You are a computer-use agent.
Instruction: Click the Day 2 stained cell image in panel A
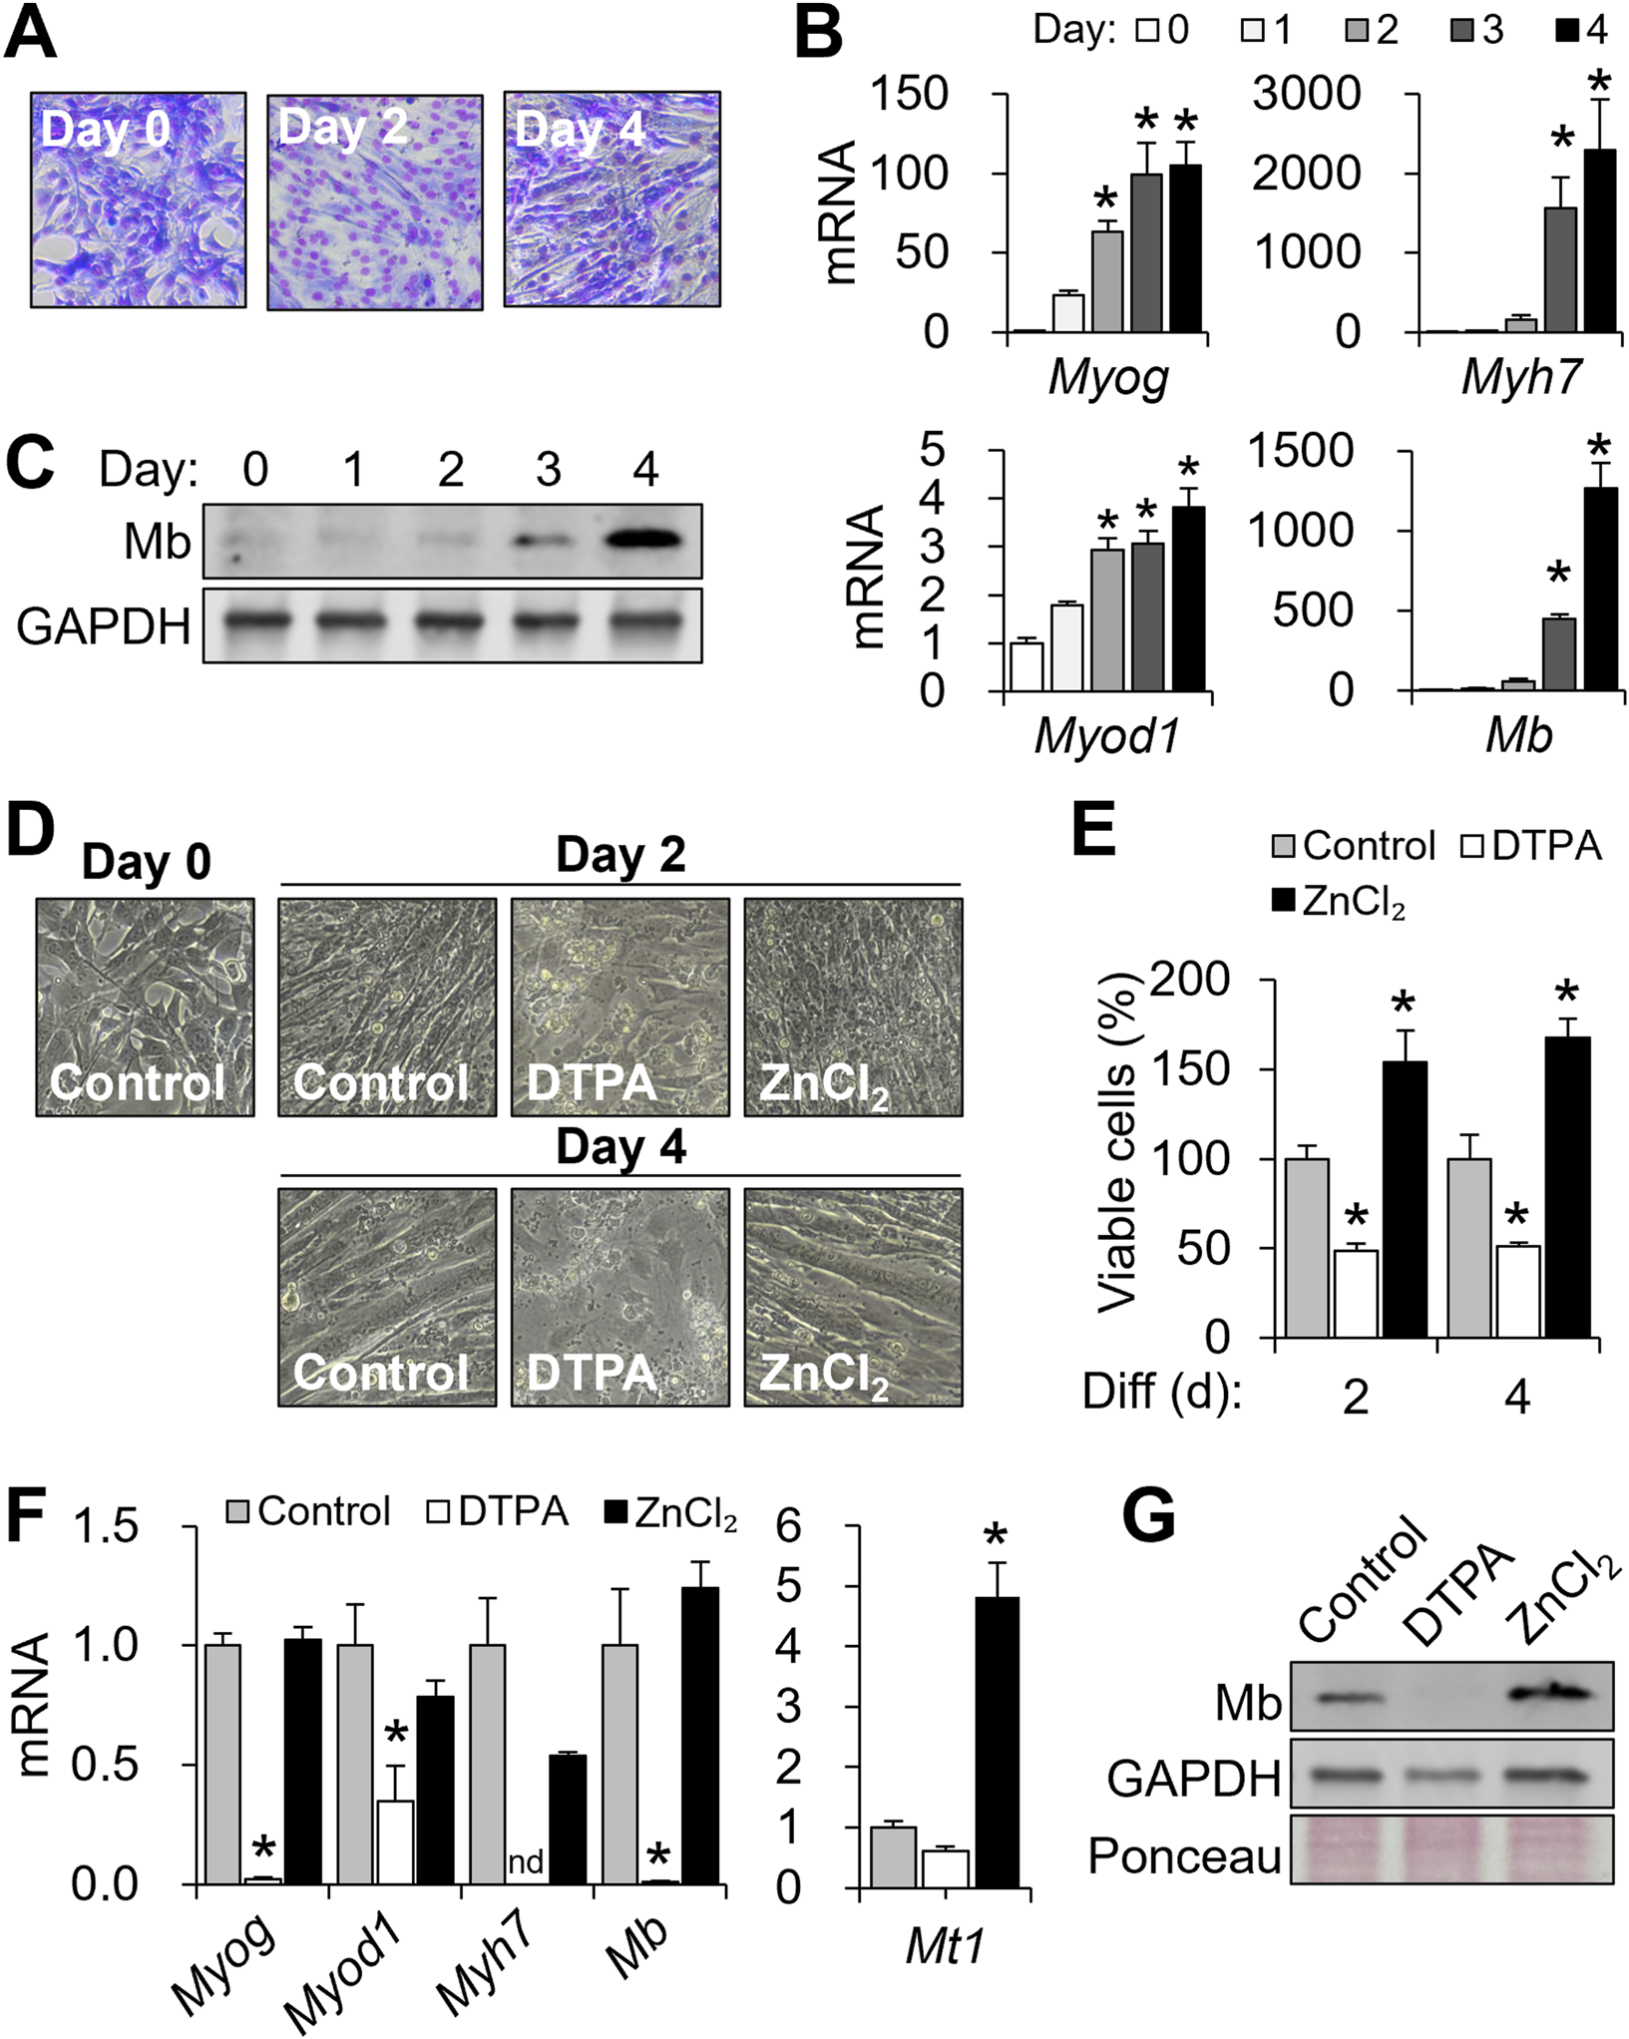(x=375, y=203)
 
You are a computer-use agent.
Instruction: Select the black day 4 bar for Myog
(x=1185, y=249)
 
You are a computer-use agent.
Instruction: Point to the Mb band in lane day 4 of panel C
(x=645, y=540)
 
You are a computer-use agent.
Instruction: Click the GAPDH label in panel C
(x=104, y=626)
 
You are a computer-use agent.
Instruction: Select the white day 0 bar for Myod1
(x=1027, y=666)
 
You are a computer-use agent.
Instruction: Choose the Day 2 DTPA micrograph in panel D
(x=619, y=1007)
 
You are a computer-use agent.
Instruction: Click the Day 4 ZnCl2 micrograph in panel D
(x=853, y=1296)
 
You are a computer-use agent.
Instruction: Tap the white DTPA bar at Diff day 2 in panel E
(x=1356, y=1293)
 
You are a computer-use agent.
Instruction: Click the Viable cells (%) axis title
(x=1117, y=1147)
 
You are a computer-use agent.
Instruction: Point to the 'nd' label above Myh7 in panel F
(x=526, y=1861)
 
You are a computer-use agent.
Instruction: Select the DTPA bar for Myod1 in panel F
(x=395, y=1842)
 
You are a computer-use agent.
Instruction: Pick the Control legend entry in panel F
(x=308, y=1511)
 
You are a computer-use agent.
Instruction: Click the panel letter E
(x=1094, y=829)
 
